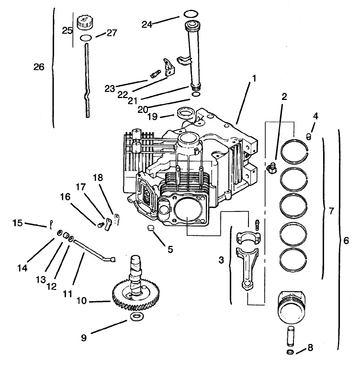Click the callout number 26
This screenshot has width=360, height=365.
(x=39, y=67)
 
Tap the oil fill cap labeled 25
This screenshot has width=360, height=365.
(x=84, y=22)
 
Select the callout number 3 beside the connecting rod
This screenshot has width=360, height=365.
(x=221, y=260)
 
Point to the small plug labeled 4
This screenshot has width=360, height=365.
(x=309, y=138)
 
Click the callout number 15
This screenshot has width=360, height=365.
(x=17, y=222)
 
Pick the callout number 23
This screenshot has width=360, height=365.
(x=111, y=88)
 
